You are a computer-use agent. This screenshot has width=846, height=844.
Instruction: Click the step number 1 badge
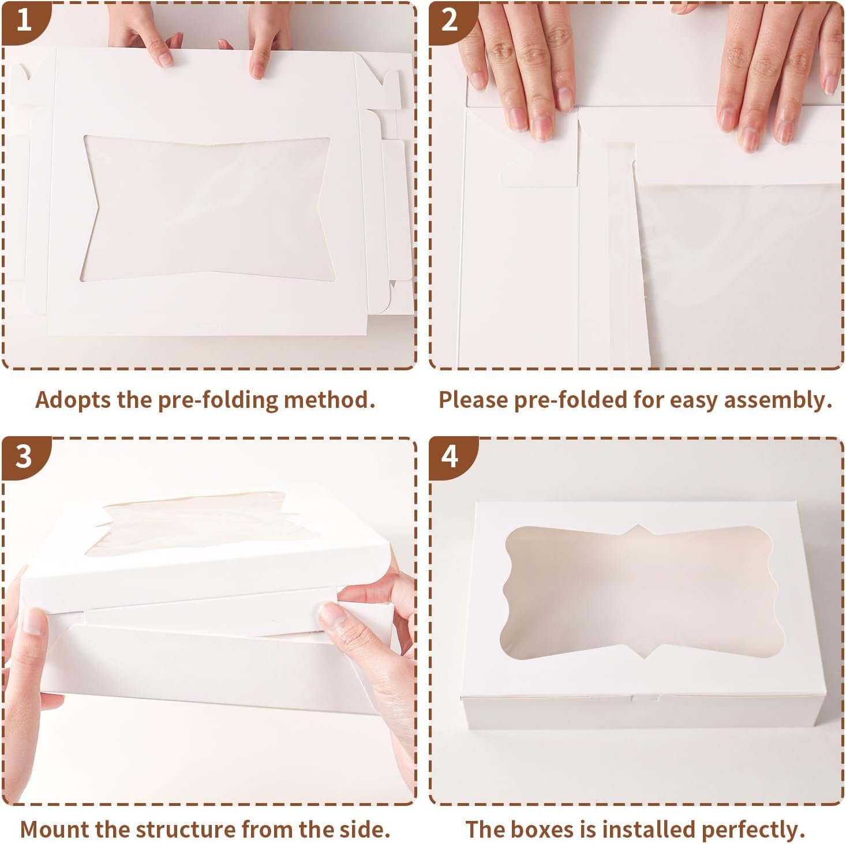[23, 21]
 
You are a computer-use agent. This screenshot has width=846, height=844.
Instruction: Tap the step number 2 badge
[450, 21]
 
